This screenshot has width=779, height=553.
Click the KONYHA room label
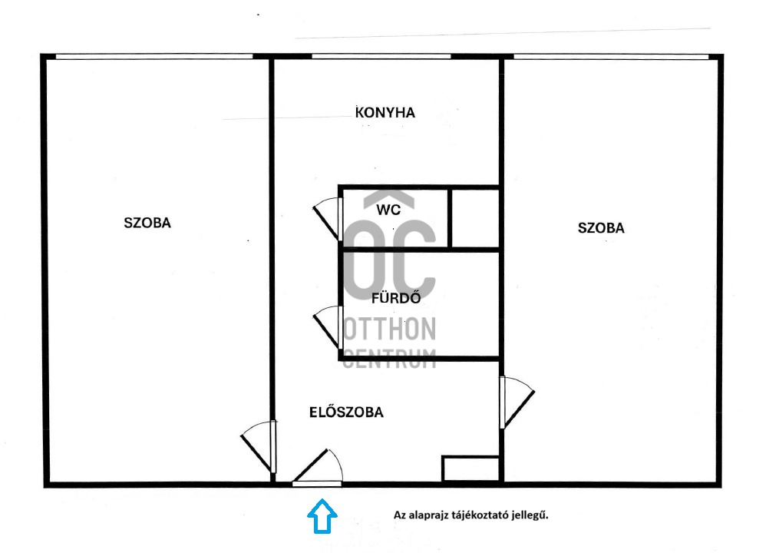pos(385,112)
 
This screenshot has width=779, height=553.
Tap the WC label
pos(388,210)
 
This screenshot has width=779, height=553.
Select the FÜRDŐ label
pos(396,297)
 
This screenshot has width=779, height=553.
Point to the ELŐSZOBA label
pos(346,412)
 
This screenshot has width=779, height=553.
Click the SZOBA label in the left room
pos(147,222)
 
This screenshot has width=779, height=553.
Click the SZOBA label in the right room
pos(601,228)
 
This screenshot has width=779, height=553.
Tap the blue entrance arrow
pos(322,516)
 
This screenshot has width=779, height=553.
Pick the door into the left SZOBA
pos(259,446)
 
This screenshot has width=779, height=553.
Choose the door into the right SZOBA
pos(517,402)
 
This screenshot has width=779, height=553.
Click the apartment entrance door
pos(318,467)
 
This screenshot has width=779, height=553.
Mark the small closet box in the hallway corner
pos(470,469)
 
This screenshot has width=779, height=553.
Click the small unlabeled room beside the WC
pos(474,218)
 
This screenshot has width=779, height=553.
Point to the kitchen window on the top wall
pos(381,56)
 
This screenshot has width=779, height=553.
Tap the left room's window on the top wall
pos(154,56)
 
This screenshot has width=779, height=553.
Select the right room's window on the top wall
pos(611,57)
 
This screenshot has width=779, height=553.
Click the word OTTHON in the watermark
pos(390,329)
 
